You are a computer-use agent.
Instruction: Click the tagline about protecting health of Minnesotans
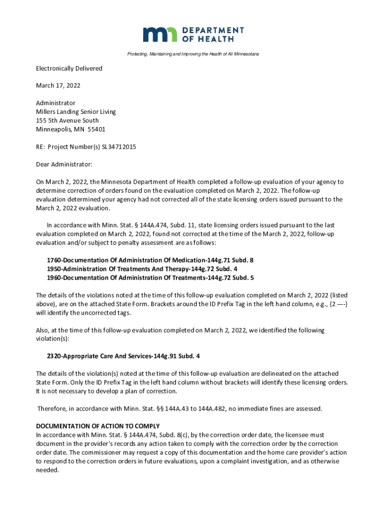193,54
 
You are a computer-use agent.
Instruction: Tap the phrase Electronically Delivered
69,68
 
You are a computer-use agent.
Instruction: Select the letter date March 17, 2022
58,86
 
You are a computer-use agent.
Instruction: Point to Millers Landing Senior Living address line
75,112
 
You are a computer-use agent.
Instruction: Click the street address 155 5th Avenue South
67,120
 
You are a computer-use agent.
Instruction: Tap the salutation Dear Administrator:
64,164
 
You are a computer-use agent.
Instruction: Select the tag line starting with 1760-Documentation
150,260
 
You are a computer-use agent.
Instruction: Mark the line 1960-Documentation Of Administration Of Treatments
150,277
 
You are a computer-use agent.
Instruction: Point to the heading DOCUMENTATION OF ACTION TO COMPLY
98,426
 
